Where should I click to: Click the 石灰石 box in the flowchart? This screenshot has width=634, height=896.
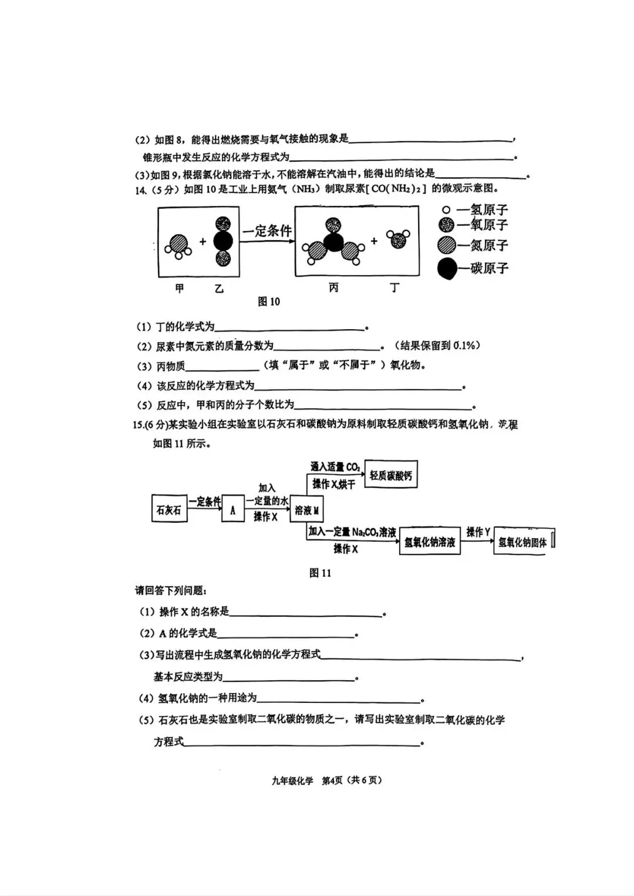[x=169, y=510]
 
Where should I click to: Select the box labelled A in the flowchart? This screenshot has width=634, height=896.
[x=232, y=510]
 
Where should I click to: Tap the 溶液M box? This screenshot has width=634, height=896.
[x=307, y=510]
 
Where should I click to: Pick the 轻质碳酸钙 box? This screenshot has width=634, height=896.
[x=391, y=475]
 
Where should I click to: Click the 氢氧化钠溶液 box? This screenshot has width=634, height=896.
[x=430, y=542]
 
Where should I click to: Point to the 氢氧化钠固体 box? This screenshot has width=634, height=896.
[x=522, y=542]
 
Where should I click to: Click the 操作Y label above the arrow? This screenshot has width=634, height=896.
[x=478, y=532]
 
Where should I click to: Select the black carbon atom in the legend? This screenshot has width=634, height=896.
[x=447, y=269]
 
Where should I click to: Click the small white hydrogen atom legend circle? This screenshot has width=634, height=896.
[x=446, y=209]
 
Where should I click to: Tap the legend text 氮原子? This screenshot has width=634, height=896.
[x=489, y=245]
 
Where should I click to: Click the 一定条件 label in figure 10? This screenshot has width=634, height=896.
[x=267, y=231]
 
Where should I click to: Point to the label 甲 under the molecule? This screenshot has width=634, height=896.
[x=180, y=288]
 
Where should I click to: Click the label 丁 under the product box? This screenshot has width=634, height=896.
[x=394, y=288]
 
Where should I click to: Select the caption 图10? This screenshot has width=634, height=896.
[x=269, y=302]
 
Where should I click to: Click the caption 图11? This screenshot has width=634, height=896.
[x=321, y=573]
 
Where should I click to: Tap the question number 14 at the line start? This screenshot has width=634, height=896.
[x=140, y=190]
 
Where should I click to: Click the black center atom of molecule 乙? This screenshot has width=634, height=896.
[x=223, y=241]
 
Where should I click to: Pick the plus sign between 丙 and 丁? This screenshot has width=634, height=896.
[x=374, y=241]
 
